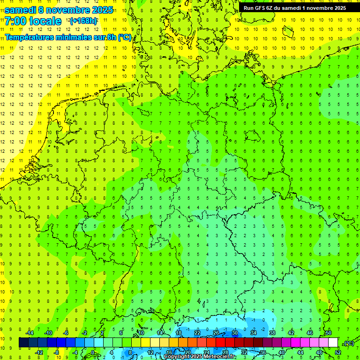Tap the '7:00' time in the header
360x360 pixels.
click(15, 21)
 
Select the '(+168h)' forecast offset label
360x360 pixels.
click(83, 21)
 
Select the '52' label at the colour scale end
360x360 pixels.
click(337, 352)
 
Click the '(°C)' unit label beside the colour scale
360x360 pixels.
click(349, 343)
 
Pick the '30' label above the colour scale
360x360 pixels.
click(235, 333)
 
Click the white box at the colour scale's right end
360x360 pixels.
click(333, 343)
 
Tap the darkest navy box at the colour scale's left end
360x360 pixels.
click(23, 343)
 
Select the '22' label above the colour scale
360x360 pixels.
click(197, 333)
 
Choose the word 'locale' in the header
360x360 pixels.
click(45, 21)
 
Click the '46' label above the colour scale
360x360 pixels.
click(310, 333)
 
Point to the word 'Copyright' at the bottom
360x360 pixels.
click(177, 357)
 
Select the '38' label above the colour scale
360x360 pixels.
click(272, 333)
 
